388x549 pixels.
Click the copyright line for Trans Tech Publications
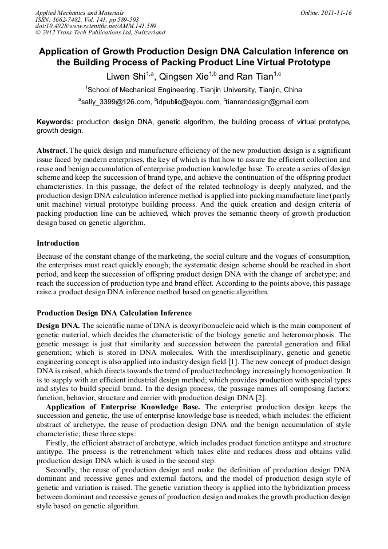coord(100,33)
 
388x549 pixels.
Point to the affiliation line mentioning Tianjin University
coord(194,90)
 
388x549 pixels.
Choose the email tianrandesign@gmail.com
coord(267,102)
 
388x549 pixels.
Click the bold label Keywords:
coord(55,123)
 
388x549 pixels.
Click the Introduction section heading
coord(58,243)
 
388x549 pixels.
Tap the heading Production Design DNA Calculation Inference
coord(114,313)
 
